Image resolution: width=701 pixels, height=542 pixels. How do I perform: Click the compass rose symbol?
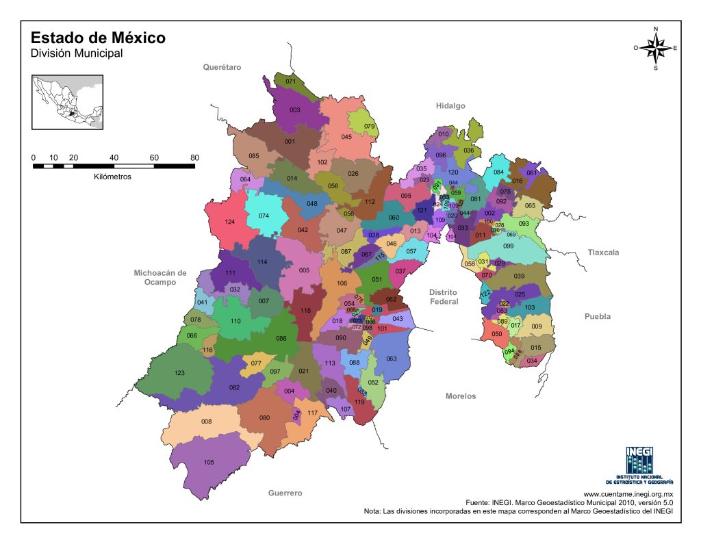tap(656, 48)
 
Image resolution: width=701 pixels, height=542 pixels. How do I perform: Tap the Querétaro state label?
tap(222, 67)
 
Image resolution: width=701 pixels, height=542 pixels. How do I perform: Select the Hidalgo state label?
tap(450, 106)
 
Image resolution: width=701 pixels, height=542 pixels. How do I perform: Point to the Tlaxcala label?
tap(602, 253)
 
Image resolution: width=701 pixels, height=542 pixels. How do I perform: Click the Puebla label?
tap(596, 317)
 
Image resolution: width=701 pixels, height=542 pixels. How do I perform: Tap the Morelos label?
tap(460, 396)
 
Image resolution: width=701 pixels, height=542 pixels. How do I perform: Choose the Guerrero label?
tap(285, 493)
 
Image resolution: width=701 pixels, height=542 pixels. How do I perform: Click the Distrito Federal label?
tap(443, 297)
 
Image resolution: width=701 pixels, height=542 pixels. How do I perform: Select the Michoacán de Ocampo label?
tap(160, 277)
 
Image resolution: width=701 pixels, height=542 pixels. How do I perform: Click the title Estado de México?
tap(98, 38)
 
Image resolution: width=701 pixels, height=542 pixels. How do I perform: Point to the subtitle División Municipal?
tap(77, 53)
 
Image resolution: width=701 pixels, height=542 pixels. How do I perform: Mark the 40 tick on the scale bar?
tap(114, 157)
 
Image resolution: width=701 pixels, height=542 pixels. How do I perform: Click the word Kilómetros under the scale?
tap(112, 176)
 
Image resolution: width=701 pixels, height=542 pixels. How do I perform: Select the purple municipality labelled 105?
tap(209, 462)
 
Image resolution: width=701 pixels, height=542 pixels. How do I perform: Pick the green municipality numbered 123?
tap(179, 374)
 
